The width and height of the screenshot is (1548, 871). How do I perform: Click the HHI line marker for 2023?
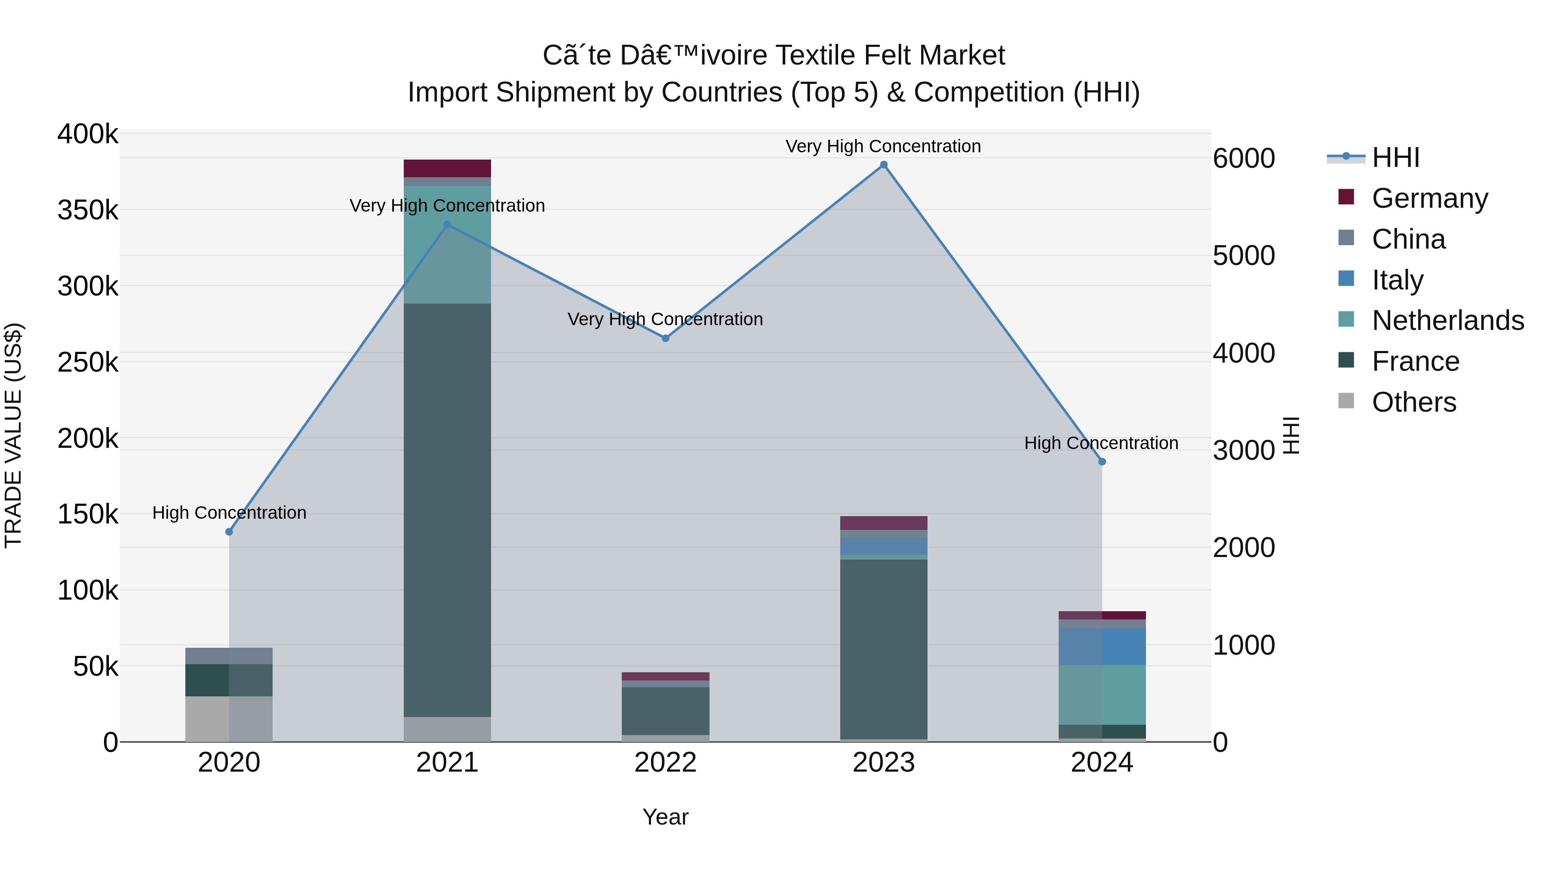tap(883, 165)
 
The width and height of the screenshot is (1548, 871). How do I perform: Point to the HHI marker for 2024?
tap(1102, 462)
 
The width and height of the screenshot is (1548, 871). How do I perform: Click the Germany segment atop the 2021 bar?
tap(447, 168)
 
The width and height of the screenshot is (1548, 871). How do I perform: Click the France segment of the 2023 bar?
tap(883, 649)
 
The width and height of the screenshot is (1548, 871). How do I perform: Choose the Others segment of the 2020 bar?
tap(229, 719)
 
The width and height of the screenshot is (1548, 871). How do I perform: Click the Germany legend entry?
tap(1429, 198)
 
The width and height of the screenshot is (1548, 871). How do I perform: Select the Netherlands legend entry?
tap(1447, 320)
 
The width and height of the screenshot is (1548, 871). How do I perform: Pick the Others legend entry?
tap(1413, 402)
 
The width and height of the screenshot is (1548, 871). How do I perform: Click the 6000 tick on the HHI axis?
tap(1243, 159)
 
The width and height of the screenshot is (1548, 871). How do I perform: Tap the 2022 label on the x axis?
tap(665, 763)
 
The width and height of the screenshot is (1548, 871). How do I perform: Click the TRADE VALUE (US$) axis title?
tap(13, 435)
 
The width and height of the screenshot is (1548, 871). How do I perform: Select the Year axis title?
tap(665, 817)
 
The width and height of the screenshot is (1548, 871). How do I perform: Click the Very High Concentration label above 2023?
tap(883, 146)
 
